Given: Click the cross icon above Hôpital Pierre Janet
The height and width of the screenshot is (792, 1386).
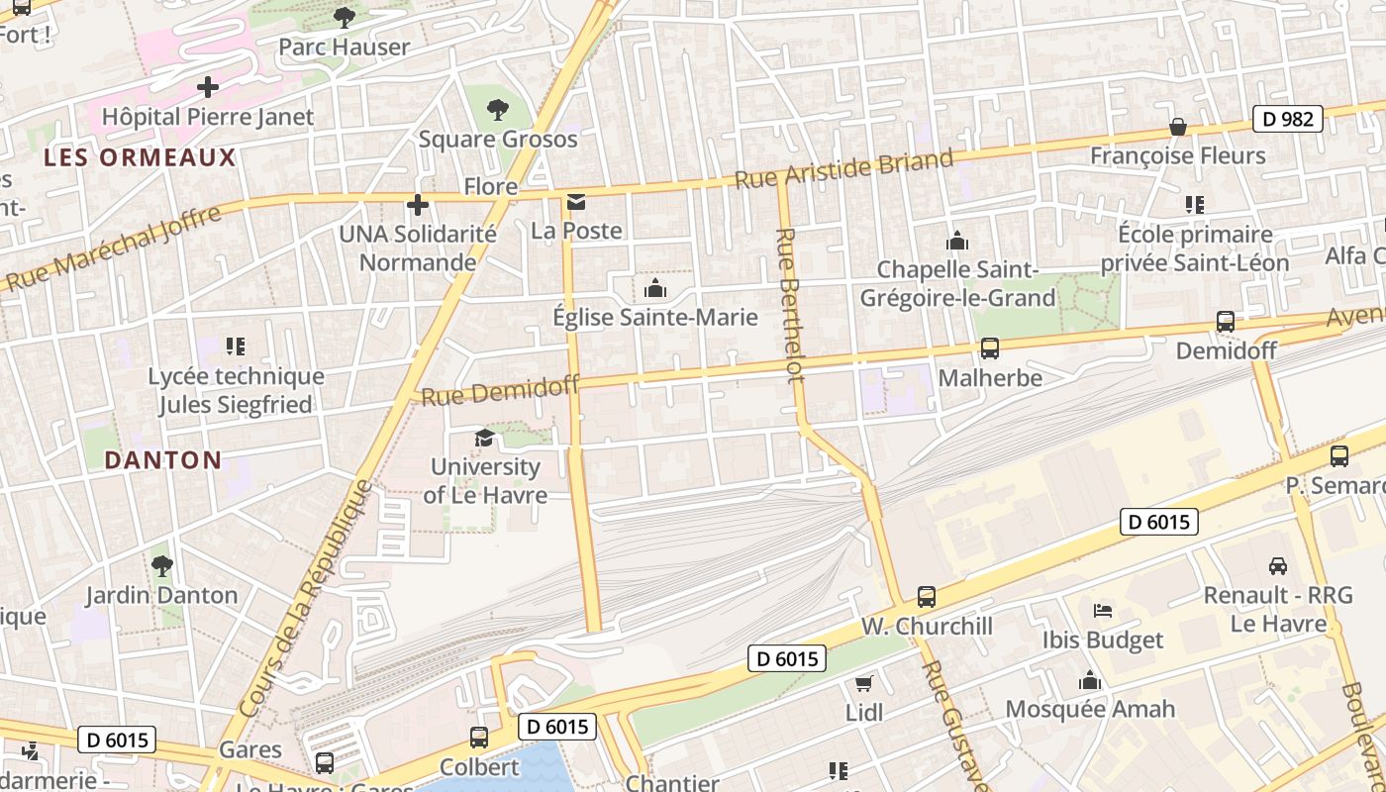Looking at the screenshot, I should [x=208, y=87].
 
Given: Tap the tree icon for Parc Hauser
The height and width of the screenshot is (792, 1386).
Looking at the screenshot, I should [x=344, y=17].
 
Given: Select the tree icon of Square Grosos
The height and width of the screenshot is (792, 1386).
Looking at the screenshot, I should [x=497, y=109].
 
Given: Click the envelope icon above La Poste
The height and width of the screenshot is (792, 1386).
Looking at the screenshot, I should [x=576, y=203].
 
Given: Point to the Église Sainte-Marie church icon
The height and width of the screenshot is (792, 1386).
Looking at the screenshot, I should [x=654, y=289].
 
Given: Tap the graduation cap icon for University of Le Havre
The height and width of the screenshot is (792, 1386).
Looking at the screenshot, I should [x=484, y=439].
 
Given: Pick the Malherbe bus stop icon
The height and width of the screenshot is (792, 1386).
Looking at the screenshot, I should [x=989, y=348].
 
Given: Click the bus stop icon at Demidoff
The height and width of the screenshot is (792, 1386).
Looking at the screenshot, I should [x=1225, y=322].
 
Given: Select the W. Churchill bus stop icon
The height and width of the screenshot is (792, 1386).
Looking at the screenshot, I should [x=927, y=597].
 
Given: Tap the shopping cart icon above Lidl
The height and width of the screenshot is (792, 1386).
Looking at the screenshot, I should [x=863, y=684].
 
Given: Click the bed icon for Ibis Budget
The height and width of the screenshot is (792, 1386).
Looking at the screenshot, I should [x=1103, y=611].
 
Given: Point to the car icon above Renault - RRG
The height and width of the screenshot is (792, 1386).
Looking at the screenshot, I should [x=1278, y=566].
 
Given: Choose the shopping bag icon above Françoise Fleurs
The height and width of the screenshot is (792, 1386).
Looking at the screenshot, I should [x=1178, y=127].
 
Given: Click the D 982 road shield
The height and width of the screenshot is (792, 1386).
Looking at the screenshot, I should [x=1288, y=119].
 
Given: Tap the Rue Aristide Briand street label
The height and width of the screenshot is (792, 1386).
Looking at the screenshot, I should [x=843, y=168].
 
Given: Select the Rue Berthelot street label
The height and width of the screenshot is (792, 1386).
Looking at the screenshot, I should [x=789, y=305].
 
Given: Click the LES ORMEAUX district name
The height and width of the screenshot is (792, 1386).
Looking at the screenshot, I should [x=140, y=157].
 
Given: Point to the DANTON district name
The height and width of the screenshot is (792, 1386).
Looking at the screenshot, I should [x=162, y=459].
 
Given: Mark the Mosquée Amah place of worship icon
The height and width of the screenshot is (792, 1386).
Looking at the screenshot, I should [x=1090, y=680].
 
